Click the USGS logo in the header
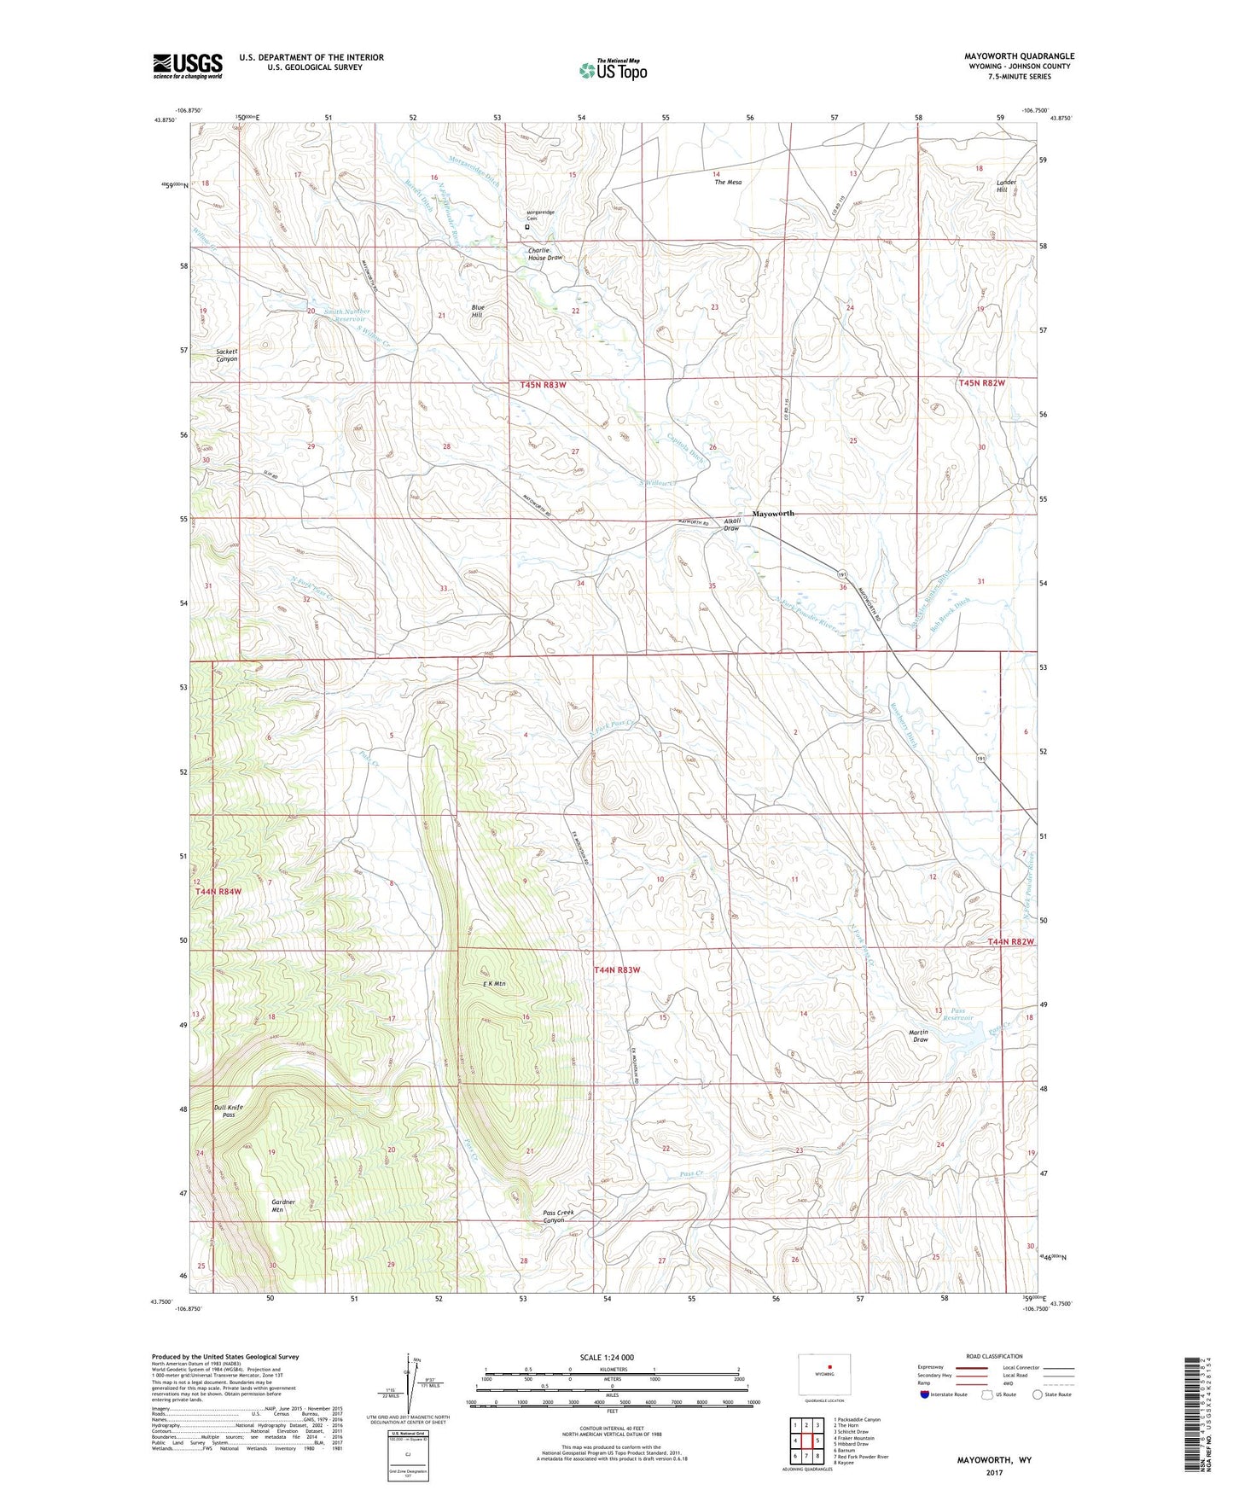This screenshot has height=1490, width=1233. click(x=188, y=66)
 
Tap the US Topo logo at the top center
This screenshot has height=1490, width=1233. click(x=614, y=70)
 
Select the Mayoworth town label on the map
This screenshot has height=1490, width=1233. click(x=773, y=514)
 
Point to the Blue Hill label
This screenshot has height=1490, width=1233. click(x=478, y=311)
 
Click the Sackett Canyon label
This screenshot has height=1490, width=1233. click(x=226, y=355)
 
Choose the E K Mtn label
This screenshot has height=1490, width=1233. click(x=494, y=984)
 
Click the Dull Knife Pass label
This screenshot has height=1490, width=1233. click(x=228, y=1111)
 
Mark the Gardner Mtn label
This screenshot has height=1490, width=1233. click(x=283, y=1206)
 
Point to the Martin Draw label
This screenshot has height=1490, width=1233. click(x=919, y=1036)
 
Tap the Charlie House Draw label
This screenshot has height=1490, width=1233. click(x=544, y=253)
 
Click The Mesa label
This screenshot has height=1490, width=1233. click(x=728, y=183)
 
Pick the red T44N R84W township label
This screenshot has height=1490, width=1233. click(x=218, y=891)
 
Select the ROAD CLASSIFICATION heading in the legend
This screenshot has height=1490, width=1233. click(x=994, y=1356)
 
